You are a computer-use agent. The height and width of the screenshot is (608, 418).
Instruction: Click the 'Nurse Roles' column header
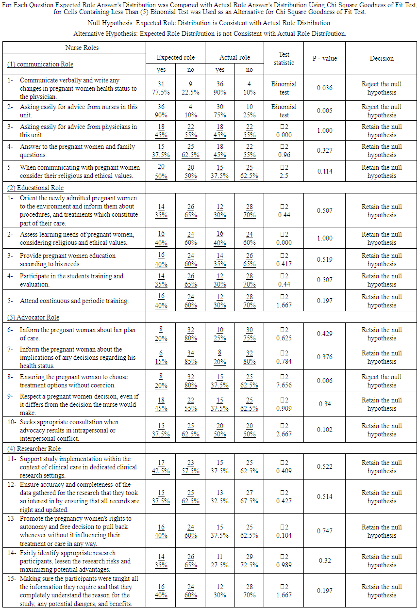click(82, 48)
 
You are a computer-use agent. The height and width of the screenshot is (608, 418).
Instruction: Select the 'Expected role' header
click(175, 57)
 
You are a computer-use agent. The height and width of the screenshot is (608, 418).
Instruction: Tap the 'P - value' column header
click(324, 58)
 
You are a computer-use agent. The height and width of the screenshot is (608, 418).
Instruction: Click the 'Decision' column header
click(382, 58)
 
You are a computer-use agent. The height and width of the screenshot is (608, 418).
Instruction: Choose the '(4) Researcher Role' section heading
click(34, 448)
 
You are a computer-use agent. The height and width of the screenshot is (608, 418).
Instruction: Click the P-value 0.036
click(324, 88)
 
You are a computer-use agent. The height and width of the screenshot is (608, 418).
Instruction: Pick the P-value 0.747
click(324, 531)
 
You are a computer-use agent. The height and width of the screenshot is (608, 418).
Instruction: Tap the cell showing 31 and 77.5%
click(161, 88)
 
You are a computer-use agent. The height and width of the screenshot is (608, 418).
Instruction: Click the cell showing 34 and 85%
click(190, 357)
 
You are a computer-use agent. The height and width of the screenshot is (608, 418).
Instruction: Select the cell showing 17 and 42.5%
click(161, 466)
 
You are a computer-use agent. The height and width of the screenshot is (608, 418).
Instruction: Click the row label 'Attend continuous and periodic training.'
click(74, 301)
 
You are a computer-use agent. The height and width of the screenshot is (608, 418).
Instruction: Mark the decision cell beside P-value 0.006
click(382, 381)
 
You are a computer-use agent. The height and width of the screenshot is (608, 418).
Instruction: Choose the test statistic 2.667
click(284, 434)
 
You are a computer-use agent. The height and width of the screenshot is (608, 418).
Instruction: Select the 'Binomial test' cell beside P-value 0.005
click(284, 111)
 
